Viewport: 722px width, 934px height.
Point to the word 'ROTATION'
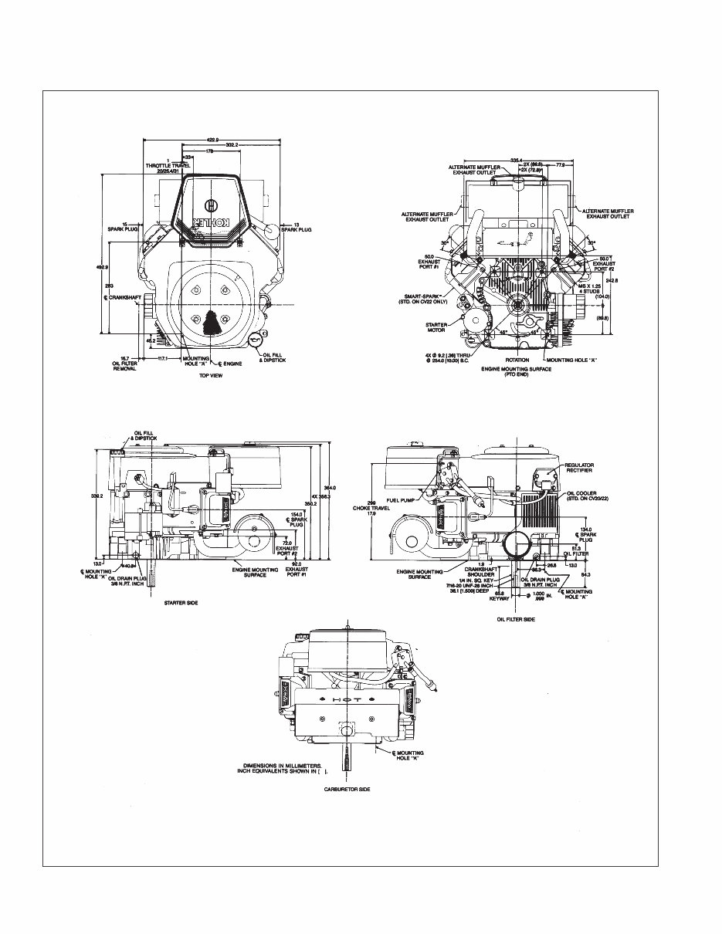click(x=517, y=360)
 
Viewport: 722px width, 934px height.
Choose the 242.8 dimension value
click(x=612, y=280)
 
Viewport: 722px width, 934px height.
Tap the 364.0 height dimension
click(x=330, y=488)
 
